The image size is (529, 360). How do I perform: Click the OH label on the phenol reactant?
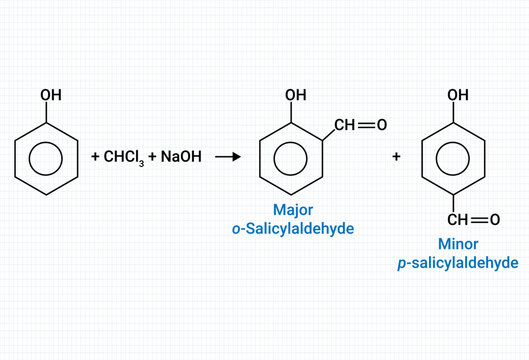coord(50,95)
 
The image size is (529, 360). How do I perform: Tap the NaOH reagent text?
coord(183,158)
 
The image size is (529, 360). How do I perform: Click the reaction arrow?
coord(229,158)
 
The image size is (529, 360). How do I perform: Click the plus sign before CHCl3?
coord(95,158)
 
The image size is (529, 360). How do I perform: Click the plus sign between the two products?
coord(396,158)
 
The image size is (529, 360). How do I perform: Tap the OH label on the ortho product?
coord(295,95)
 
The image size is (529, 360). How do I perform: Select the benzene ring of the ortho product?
coord(292,158)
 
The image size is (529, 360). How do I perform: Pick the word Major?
coord(293,210)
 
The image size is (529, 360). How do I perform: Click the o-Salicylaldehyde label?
coord(293,229)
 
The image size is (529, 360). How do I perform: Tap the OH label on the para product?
coord(458,95)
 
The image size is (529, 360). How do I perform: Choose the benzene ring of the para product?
coord(456,158)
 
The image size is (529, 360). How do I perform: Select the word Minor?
coord(457,244)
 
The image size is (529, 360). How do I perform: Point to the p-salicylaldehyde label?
coord(457,263)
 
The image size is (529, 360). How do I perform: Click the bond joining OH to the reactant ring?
coord(48,112)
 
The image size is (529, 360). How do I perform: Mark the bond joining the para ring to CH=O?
coord(456,202)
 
